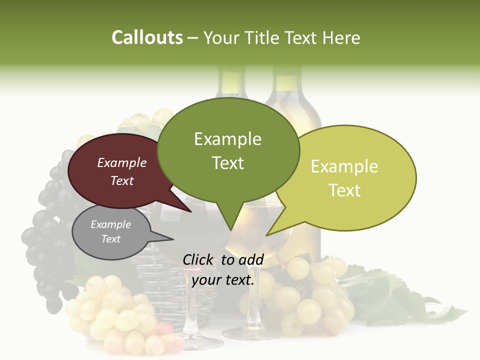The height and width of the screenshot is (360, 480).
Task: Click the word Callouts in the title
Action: pyautogui.click(x=147, y=37)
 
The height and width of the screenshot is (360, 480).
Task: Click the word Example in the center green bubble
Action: pyautogui.click(x=227, y=139)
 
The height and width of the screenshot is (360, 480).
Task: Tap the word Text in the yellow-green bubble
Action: pyautogui.click(x=344, y=190)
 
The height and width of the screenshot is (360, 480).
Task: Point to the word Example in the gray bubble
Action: pyautogui.click(x=110, y=224)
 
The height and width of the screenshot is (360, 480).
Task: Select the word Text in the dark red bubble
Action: pyautogui.click(x=122, y=181)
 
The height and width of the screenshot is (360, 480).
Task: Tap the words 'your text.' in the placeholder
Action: pyautogui.click(x=223, y=280)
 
